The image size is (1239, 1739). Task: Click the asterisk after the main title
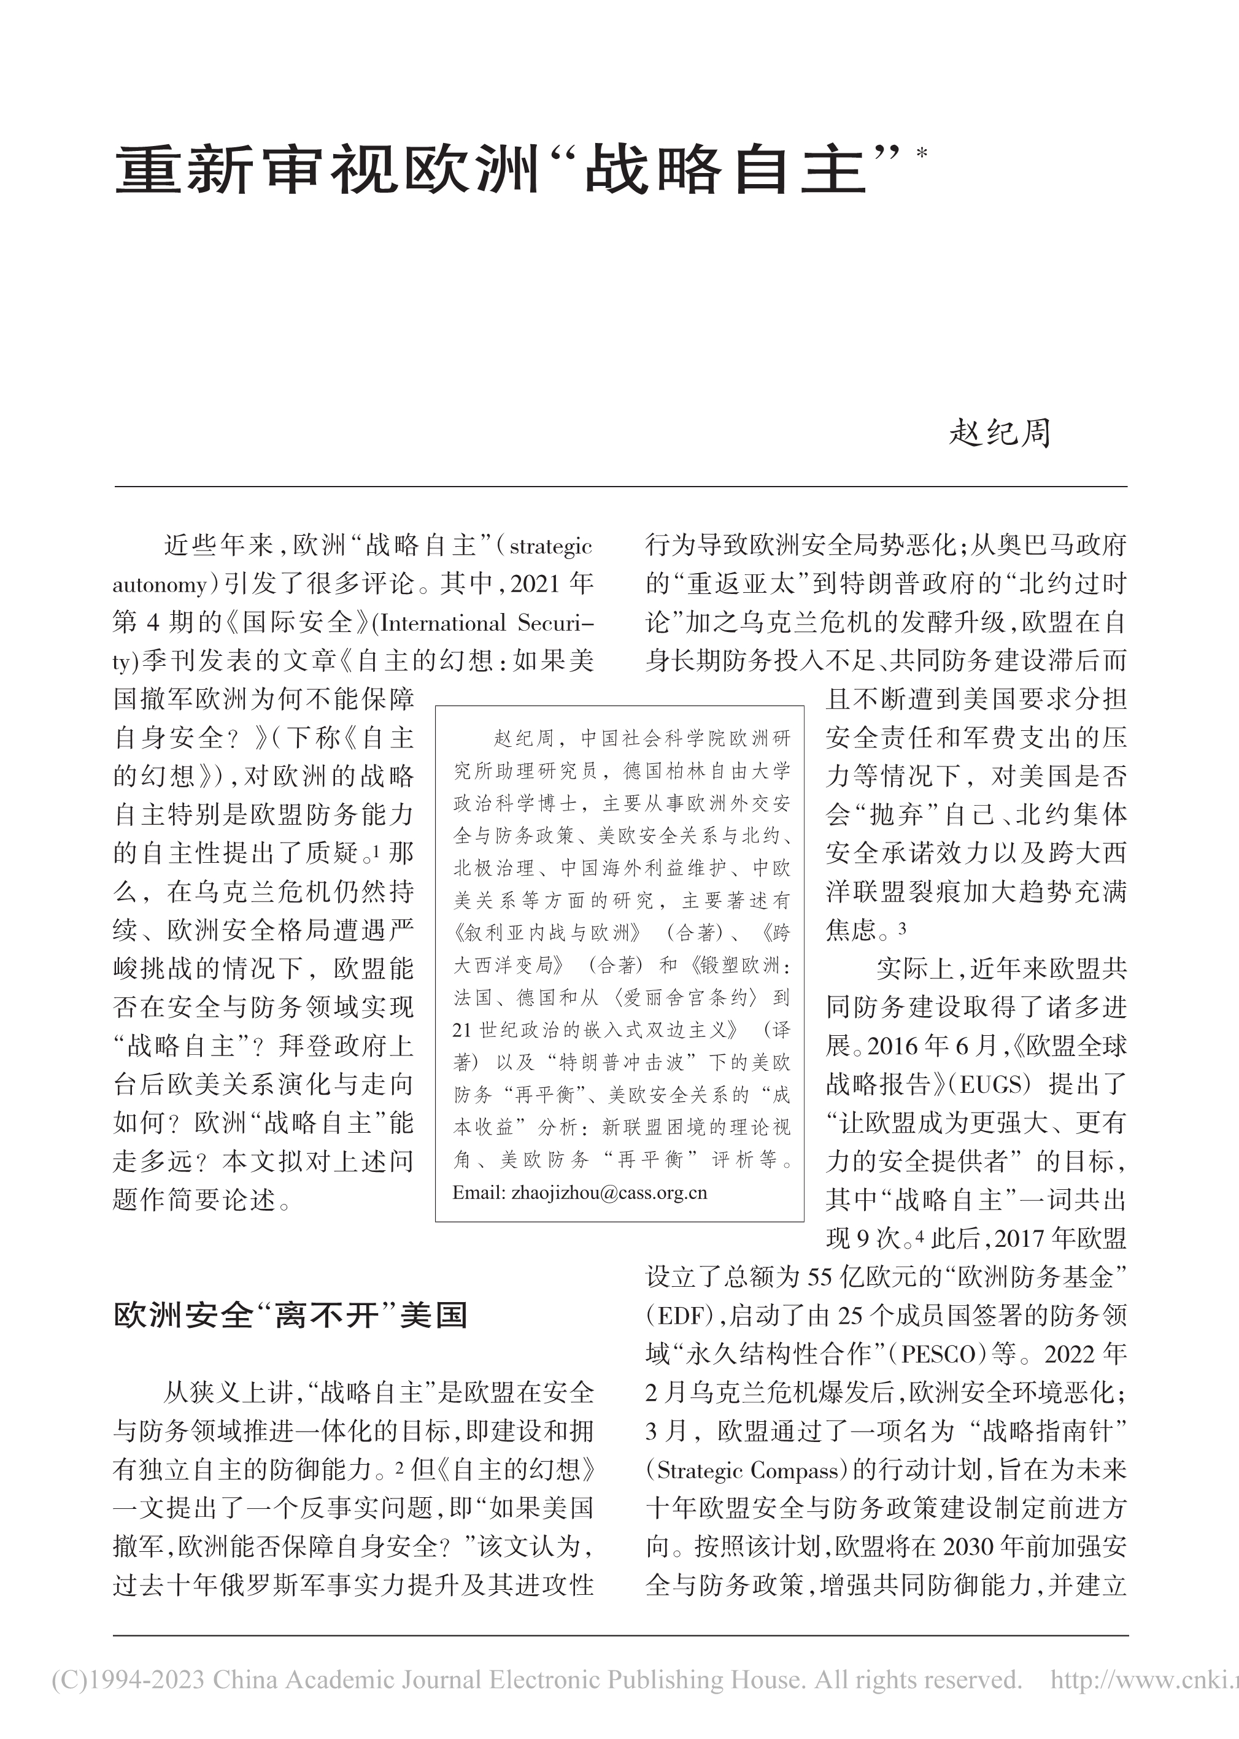pos(922,153)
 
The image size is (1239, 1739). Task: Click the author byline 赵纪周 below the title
pos(1000,433)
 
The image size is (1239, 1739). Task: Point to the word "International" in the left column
pos(443,623)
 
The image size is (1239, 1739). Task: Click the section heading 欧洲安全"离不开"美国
pos(290,1316)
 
